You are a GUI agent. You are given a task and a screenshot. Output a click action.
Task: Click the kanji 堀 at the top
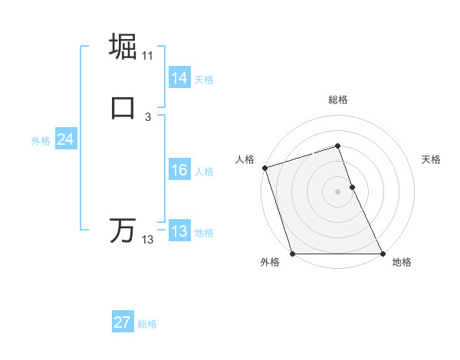[123, 46]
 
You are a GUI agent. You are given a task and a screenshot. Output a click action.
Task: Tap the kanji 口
[123, 106]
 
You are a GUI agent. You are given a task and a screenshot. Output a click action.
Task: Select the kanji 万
[123, 230]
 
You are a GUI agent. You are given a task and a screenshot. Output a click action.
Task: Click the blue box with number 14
[179, 78]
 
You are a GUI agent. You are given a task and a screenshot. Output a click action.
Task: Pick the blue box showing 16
[179, 171]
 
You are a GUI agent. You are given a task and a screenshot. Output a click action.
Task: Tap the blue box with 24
[65, 139]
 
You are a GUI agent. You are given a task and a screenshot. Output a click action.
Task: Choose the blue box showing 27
[123, 322]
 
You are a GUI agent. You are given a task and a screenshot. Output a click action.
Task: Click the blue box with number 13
[179, 231]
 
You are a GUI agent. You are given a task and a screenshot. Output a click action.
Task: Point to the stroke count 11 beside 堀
[148, 56]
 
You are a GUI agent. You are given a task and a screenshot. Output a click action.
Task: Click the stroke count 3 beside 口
[148, 116]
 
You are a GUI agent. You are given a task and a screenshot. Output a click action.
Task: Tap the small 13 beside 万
[148, 240]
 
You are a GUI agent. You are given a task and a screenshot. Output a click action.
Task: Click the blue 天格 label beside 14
[204, 79]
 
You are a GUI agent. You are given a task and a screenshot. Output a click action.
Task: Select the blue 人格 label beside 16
[204, 172]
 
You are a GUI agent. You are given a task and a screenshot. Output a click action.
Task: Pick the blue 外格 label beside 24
[41, 141]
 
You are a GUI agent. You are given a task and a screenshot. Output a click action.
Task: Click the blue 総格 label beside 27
[147, 324]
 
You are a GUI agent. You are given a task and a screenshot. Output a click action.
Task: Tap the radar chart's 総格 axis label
[338, 100]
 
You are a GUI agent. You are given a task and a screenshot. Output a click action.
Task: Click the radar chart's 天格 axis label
[432, 159]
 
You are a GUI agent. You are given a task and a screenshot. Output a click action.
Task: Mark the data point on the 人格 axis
[264, 168]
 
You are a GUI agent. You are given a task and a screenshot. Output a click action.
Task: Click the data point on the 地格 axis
[383, 254]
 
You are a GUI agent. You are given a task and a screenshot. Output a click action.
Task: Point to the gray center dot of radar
[338, 191]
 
